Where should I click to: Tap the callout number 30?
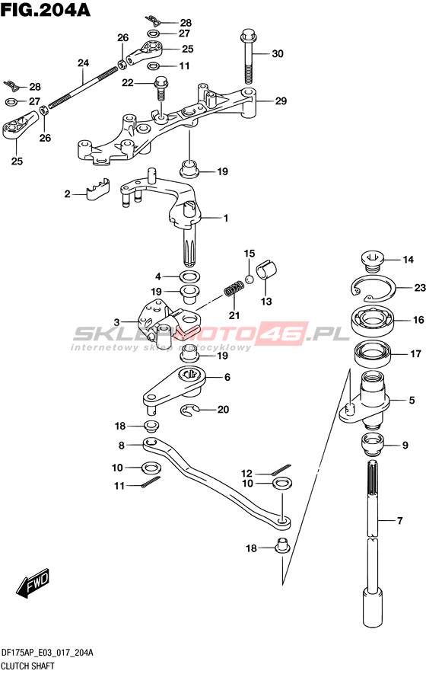pyautogui.click(x=278, y=54)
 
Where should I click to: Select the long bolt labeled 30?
pyautogui.click(x=248, y=56)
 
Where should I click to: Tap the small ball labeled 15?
pyautogui.click(x=250, y=280)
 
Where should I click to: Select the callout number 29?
pyautogui.click(x=281, y=101)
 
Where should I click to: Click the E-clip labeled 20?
pyautogui.click(x=187, y=411)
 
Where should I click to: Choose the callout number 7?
pyautogui.click(x=400, y=521)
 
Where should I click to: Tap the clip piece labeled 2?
pyautogui.click(x=97, y=189)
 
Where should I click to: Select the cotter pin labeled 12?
pyautogui.click(x=281, y=469)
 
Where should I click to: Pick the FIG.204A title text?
pyautogui.click(x=45, y=9)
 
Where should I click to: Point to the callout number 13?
pyautogui.click(x=266, y=302)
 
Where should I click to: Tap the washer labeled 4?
pyautogui.click(x=189, y=276)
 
